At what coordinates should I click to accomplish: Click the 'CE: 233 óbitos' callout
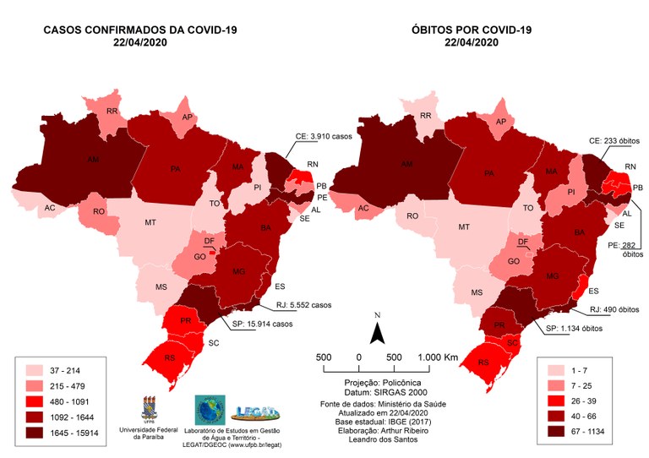[614, 140]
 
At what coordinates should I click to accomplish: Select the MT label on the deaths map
[463, 227]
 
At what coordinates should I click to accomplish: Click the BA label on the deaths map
[581, 232]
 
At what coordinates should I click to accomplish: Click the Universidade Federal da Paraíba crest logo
[156, 403]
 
